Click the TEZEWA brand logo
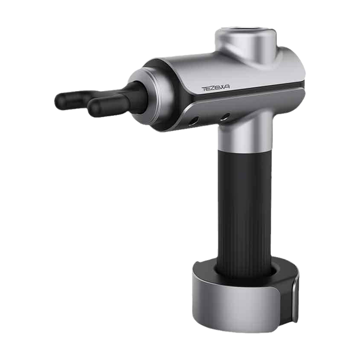(216, 88)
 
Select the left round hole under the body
(193, 121)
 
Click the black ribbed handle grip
(245, 211)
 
